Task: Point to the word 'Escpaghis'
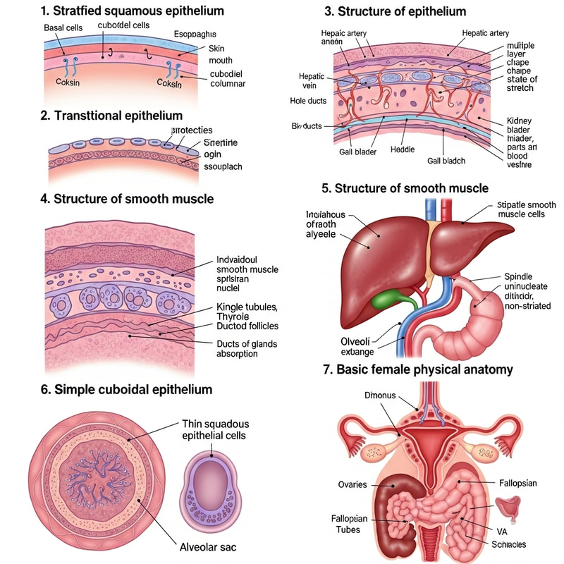pos(195,35)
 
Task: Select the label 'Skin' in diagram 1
pos(216,48)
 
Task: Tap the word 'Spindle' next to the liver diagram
pos(520,276)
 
